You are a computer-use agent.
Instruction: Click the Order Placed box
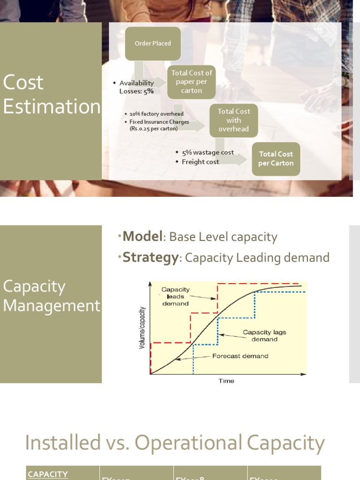[153, 44]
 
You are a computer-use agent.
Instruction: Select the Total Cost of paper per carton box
[191, 82]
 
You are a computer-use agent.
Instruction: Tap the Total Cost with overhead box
[233, 120]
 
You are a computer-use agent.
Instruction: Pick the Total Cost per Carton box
[276, 158]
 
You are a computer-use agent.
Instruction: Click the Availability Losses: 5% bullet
[136, 87]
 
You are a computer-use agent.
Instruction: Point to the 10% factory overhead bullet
[157, 114]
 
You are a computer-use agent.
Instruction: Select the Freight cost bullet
[200, 162]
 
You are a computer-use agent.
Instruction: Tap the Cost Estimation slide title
[51, 94]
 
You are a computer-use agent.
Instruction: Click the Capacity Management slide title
[51, 296]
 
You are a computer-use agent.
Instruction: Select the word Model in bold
[142, 237]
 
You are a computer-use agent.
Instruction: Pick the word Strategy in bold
[150, 258]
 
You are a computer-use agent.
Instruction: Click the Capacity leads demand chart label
[175, 296]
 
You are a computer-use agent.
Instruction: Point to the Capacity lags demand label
[264, 336]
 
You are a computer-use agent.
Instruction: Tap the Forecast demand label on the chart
[240, 356]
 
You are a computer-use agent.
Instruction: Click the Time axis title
[226, 381]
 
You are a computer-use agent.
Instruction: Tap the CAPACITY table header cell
[48, 474]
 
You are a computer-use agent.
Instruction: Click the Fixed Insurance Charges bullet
[159, 125]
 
